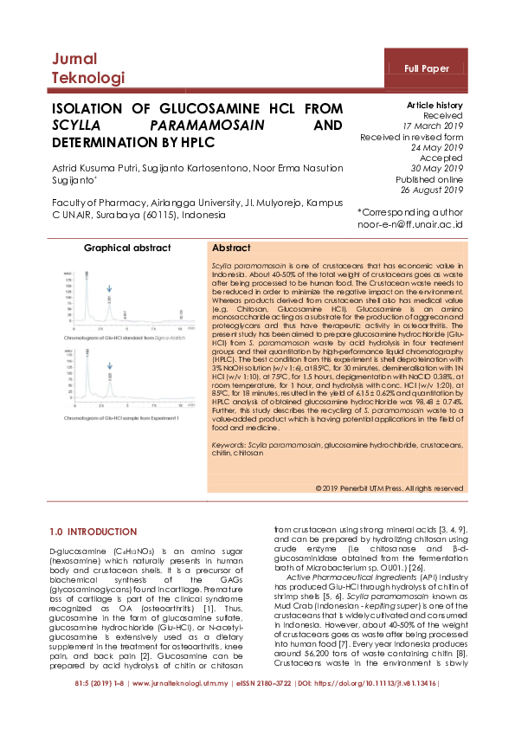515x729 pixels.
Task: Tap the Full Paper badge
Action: pyautogui.click(x=428, y=68)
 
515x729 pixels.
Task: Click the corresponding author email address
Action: pyautogui.click(x=411, y=223)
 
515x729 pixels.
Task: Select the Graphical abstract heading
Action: pyautogui.click(x=127, y=248)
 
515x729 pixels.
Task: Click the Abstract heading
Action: pyautogui.click(x=231, y=248)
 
